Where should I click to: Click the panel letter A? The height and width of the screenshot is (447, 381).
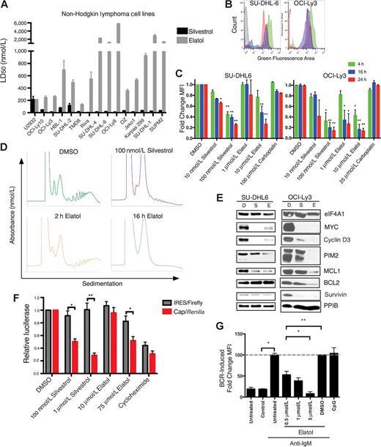pos(5,5)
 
